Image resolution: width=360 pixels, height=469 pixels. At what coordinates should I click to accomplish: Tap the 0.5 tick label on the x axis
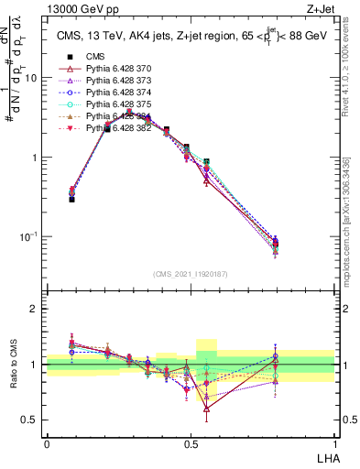coord(191,442)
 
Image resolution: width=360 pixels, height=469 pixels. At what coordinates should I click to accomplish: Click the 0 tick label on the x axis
coord(47,442)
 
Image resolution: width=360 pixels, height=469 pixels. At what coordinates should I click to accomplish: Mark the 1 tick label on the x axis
coord(334,442)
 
